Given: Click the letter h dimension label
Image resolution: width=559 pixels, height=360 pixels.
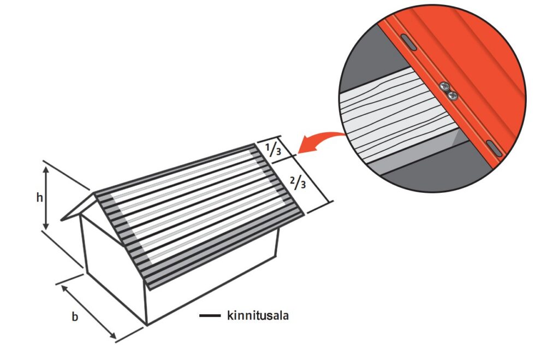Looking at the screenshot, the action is (39, 197).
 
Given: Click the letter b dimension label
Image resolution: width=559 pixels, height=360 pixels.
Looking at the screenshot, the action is (75, 316).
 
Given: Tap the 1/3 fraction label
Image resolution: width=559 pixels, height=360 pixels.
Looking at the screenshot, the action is (273, 149).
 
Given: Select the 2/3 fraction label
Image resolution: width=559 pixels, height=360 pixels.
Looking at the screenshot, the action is (298, 182).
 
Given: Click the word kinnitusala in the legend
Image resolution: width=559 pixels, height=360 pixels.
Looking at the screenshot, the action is (258, 315).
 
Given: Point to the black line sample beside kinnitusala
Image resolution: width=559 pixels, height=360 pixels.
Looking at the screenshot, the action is (210, 315).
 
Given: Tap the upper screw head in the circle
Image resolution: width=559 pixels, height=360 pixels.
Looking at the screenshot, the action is (444, 86).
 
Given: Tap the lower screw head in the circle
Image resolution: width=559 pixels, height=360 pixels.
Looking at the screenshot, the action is (453, 95).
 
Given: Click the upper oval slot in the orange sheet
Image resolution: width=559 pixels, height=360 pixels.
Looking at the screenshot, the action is (408, 42).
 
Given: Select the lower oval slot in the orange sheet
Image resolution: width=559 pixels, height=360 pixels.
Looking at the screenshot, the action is (494, 149).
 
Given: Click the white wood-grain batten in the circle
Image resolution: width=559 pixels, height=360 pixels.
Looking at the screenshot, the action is (396, 118).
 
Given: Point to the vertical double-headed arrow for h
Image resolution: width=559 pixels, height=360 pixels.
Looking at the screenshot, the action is (46, 198).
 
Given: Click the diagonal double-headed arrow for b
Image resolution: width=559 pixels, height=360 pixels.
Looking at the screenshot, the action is (88, 312).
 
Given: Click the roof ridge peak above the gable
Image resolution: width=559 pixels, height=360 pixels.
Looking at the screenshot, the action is (94, 194).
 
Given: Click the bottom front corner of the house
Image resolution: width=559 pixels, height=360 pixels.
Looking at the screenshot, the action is (146, 324).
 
